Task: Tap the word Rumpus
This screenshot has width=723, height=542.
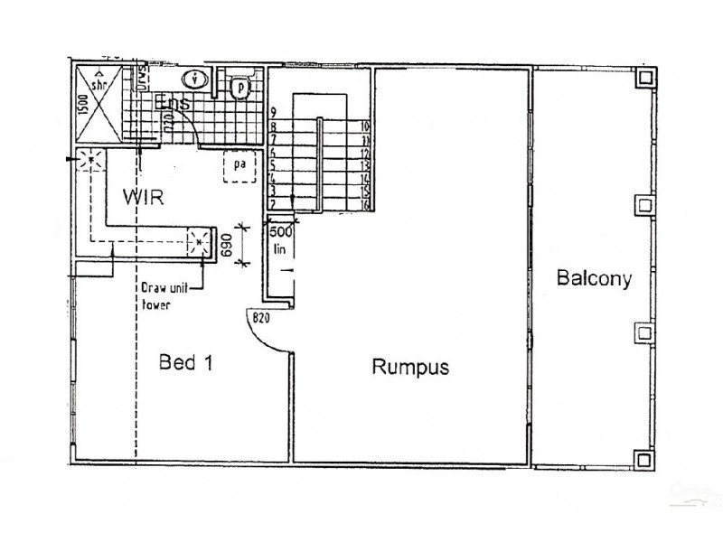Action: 411,367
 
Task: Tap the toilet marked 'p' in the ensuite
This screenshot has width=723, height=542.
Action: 239,87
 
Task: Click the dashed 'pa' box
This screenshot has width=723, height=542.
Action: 239,167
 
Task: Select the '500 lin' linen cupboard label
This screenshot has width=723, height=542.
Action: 281,239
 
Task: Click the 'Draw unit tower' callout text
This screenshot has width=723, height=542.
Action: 164,296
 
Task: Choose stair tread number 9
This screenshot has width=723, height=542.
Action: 273,112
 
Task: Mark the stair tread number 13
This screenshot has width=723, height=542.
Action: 366,166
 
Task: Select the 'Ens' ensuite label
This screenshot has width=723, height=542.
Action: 173,105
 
